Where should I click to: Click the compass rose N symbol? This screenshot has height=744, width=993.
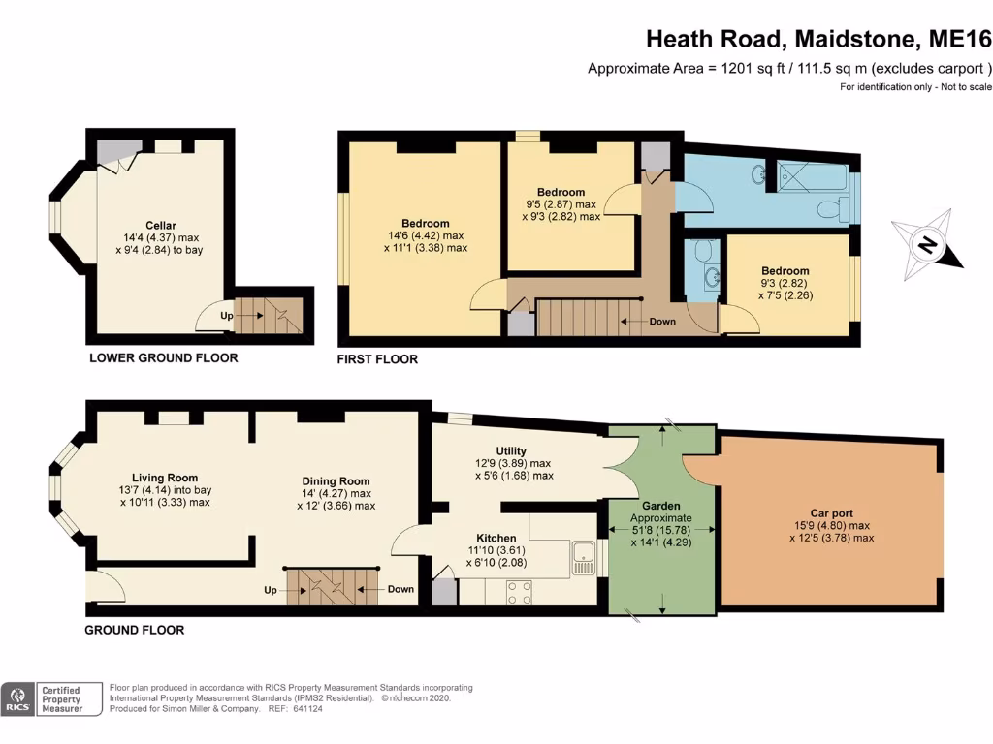927,244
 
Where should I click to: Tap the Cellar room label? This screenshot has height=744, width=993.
161,225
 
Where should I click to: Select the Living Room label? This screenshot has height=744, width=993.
165,478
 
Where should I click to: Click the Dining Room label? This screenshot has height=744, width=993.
336,480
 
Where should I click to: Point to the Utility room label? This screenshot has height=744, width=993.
511,451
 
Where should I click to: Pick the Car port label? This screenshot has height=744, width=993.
831,513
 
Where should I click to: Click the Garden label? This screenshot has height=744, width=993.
661,506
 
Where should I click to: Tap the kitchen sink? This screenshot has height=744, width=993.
583,558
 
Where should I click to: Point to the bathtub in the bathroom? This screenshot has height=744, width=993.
813,176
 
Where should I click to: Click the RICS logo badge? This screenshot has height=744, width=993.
17,699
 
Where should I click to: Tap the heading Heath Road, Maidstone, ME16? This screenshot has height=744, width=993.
818,39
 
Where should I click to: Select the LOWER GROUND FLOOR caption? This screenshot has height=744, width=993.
163,358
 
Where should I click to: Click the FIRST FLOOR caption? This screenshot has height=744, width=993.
377,359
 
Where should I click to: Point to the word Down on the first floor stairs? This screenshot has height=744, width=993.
662,322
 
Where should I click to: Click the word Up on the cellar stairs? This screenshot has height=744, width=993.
227,315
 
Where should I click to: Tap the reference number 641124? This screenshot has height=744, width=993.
307,708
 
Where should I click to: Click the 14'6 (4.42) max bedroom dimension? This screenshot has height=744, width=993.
426,235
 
